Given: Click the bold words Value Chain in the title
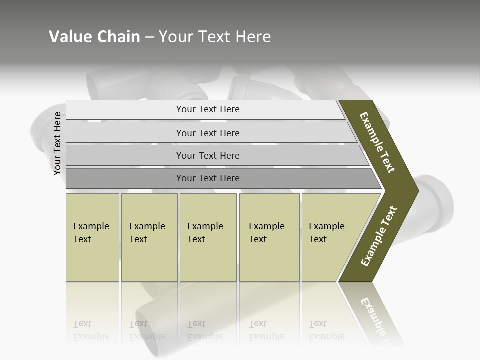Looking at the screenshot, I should (x=94, y=37).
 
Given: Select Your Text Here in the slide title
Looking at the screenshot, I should (x=215, y=37).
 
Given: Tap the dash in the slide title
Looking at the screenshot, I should (x=149, y=37).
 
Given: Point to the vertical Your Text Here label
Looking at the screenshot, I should (x=57, y=144).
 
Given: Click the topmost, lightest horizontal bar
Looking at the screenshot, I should (x=208, y=109).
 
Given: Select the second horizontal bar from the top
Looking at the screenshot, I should (x=208, y=133).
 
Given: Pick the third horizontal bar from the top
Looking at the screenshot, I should (x=208, y=155).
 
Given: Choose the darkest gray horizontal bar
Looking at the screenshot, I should (x=208, y=178).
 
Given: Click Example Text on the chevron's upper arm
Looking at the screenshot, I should (x=377, y=142).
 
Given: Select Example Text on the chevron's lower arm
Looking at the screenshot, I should (x=379, y=236).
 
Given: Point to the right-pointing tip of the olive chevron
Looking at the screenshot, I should (x=417, y=190).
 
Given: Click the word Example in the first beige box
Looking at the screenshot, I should (x=91, y=226).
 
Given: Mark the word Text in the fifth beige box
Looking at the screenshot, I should (x=317, y=239).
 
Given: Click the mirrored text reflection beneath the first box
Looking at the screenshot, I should (x=91, y=330).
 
